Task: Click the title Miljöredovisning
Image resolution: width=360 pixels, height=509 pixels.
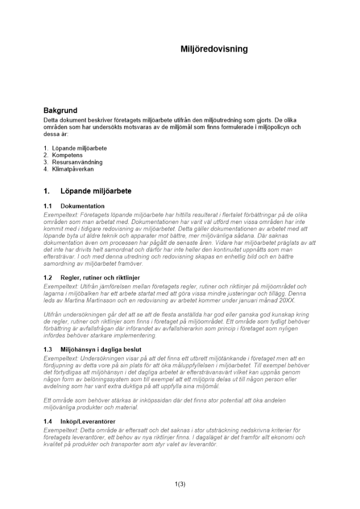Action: (214, 49)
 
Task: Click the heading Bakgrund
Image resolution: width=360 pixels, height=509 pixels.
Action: (60, 110)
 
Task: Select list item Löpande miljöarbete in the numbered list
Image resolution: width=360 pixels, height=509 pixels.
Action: (79, 148)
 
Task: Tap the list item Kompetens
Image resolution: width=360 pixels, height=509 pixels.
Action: (67, 155)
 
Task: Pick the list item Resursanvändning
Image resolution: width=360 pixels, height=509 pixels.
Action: (77, 162)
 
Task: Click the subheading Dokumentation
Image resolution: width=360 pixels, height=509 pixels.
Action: (82, 206)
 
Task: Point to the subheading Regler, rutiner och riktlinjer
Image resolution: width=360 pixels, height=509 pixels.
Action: (100, 278)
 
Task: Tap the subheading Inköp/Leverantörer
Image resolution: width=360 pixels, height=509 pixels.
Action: (88, 421)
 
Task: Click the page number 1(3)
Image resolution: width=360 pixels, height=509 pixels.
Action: (180, 484)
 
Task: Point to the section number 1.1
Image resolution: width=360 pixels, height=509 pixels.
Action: (48, 206)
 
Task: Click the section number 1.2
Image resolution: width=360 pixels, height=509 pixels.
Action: (48, 278)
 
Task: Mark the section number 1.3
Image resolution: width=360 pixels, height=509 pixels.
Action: (48, 349)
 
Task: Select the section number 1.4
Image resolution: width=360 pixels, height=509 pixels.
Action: (48, 421)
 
